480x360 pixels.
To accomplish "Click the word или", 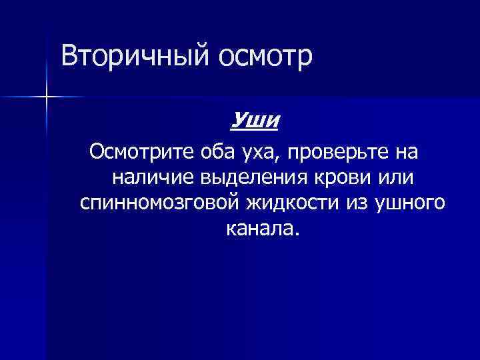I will [394, 178].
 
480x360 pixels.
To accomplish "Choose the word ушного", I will [411, 204].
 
